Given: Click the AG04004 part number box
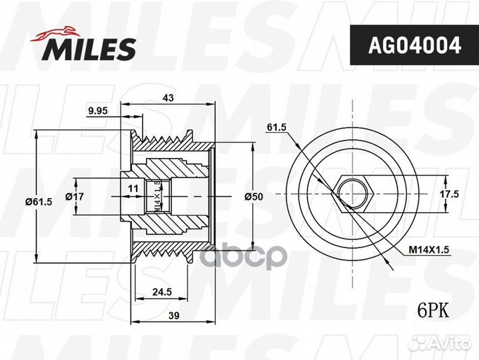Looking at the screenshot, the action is pos(414,45).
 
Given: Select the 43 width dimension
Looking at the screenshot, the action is pos(168,97).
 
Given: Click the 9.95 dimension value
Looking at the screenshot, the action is pos(98,111).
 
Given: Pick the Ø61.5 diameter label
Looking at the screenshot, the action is pos(39,202).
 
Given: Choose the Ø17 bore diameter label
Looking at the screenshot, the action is pos(75,196).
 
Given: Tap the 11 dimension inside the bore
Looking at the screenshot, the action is pos(133,188).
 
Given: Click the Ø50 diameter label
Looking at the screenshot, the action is pos(254,197).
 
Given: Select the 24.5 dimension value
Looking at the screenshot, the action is pos(162,292).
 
